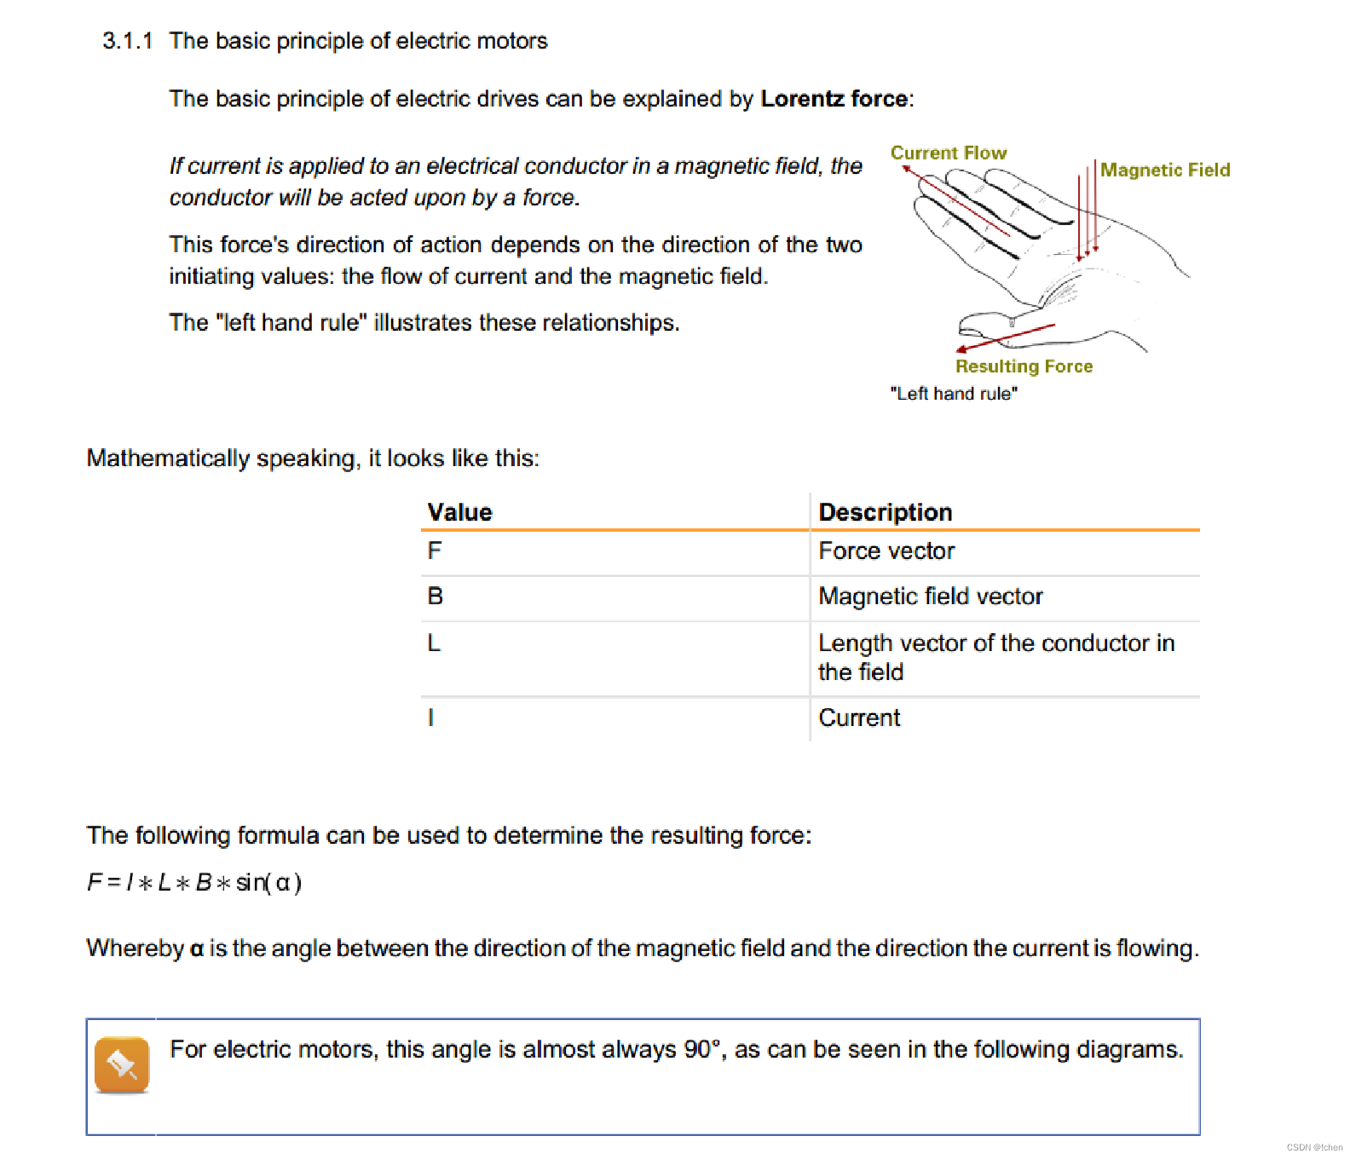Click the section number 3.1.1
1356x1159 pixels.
(x=127, y=41)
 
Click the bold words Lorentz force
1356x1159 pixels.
(x=834, y=99)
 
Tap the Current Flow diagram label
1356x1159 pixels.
(x=948, y=153)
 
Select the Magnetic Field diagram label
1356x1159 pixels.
(x=1164, y=170)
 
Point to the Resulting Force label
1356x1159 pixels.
(x=1024, y=366)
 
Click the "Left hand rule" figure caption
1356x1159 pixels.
(x=953, y=394)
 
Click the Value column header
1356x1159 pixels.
(x=459, y=512)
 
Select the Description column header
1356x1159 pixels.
(x=885, y=512)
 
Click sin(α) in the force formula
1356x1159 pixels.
(x=268, y=883)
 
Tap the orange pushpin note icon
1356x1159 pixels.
(x=122, y=1064)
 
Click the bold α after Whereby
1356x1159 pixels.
(x=197, y=949)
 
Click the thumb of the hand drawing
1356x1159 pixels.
(x=989, y=324)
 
